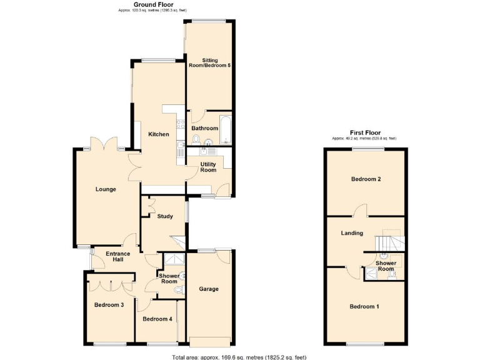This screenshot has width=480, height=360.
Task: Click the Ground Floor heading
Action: click(153, 4)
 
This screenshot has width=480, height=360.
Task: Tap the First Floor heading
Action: click(365, 132)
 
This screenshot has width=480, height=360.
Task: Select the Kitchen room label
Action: click(158, 134)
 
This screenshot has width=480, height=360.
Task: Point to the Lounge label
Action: click(106, 189)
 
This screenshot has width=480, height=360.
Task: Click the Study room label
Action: click(165, 216)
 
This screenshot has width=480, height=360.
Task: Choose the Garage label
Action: click(209, 289)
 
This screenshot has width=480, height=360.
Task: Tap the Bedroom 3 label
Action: click(109, 305)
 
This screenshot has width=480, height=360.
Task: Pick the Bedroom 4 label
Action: click(157, 319)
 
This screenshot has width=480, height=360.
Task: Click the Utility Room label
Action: click(208, 167)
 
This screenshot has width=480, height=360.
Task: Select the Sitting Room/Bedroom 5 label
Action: click(211, 62)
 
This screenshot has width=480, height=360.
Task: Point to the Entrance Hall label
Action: click(117, 256)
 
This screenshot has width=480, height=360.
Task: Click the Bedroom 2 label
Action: click(366, 179)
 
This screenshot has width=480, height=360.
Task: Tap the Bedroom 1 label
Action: click(364, 306)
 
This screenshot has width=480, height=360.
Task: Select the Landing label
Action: click(352, 233)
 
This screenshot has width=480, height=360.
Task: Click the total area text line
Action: click(239, 357)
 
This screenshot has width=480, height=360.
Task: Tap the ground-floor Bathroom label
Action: click(205, 128)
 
